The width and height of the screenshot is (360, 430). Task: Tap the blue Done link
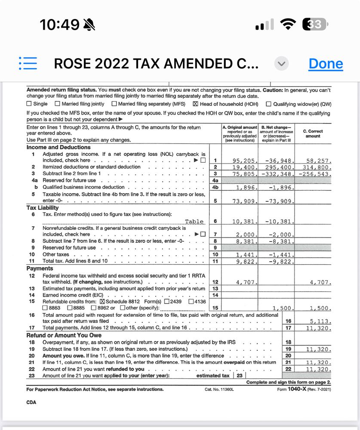click(x=326, y=64)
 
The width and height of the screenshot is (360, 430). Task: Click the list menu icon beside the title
click(x=28, y=63)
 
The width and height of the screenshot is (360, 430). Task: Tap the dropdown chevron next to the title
click(x=281, y=64)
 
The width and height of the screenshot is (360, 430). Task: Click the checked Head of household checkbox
click(x=196, y=104)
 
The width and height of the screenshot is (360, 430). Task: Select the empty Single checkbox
click(x=29, y=104)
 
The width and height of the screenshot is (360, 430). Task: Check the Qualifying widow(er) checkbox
click(x=269, y=104)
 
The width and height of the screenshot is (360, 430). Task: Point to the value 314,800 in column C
click(x=319, y=167)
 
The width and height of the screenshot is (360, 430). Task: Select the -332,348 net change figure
click(x=278, y=174)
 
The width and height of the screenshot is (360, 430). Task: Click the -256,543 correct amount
click(x=316, y=174)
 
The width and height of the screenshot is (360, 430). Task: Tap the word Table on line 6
click(x=194, y=222)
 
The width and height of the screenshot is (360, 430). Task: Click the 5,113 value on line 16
click(x=320, y=321)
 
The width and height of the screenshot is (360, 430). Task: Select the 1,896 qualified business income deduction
click(x=247, y=188)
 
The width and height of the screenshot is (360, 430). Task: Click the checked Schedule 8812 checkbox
click(x=102, y=301)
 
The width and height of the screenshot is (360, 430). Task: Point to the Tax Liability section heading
click(x=43, y=208)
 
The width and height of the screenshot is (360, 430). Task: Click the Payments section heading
click(x=40, y=269)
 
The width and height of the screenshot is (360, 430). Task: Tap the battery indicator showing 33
click(x=315, y=25)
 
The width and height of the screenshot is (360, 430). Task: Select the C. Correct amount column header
click(x=313, y=133)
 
